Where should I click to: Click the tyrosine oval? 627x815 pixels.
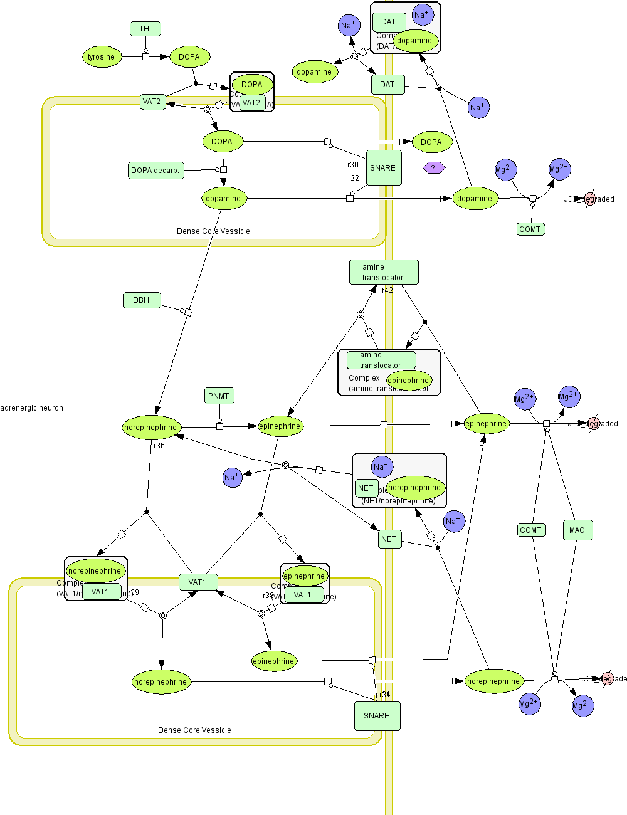click(x=102, y=57)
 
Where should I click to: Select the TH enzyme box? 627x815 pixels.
click(x=145, y=29)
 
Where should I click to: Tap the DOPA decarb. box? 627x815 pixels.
click(x=155, y=171)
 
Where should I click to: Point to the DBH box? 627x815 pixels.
click(x=142, y=300)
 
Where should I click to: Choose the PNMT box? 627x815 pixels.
click(x=219, y=396)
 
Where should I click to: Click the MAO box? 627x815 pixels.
click(x=577, y=530)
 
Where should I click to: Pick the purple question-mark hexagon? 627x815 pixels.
click(x=433, y=167)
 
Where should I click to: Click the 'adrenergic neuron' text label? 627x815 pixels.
click(x=32, y=408)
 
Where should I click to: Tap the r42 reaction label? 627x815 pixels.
click(x=387, y=290)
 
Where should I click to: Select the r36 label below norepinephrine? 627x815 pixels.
click(x=159, y=446)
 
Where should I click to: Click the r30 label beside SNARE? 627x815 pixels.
click(x=353, y=165)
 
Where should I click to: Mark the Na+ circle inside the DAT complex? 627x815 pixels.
click(x=423, y=14)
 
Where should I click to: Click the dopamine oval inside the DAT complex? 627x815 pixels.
click(x=414, y=41)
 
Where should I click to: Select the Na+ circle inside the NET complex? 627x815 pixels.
click(x=382, y=466)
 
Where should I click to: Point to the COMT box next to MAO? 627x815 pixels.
click(x=530, y=530)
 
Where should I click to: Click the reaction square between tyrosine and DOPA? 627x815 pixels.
click(x=145, y=57)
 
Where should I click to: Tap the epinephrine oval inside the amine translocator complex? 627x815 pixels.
click(x=408, y=381)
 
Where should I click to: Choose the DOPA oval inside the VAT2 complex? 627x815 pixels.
click(x=252, y=85)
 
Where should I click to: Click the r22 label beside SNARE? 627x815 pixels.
click(x=353, y=178)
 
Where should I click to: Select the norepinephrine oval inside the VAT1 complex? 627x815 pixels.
click(x=95, y=571)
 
